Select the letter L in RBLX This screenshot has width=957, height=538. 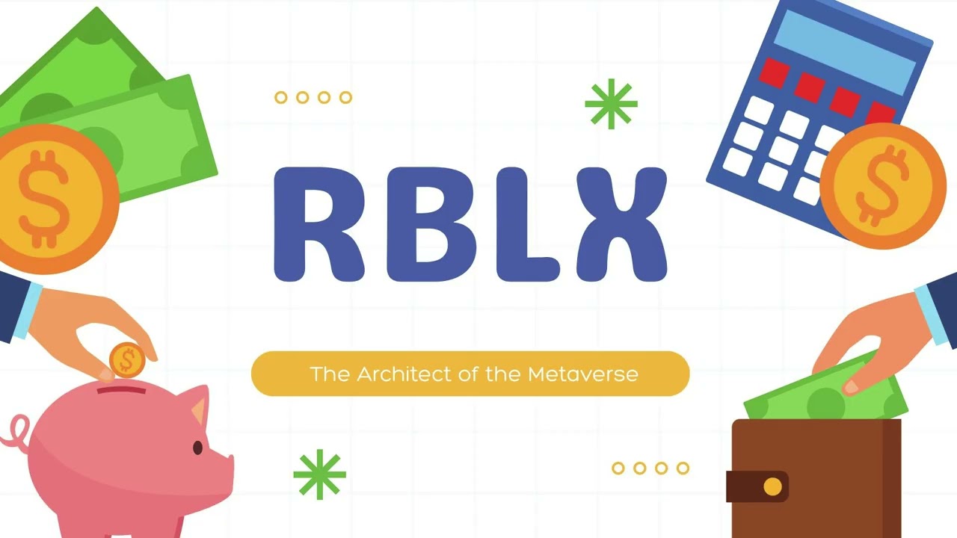coord(519,224)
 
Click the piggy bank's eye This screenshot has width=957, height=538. coord(198,448)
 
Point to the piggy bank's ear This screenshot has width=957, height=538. coord(197,408)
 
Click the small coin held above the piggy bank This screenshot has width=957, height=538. coord(127,360)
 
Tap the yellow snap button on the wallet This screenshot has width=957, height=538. coord(772,487)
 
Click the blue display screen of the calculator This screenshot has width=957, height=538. coord(845,52)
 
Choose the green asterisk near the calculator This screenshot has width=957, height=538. coord(611,104)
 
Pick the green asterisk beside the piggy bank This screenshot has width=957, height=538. coord(320,474)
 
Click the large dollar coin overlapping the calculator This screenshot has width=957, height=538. coord(882,185)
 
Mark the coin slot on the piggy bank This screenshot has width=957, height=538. coord(122,390)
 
